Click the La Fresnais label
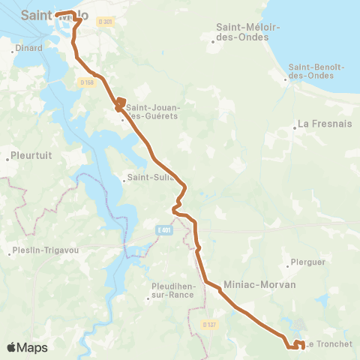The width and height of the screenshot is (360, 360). pyautogui.click(x=325, y=123)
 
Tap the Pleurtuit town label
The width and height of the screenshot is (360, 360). pyautogui.click(x=31, y=157)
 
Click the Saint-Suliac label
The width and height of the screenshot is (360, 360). pyautogui.click(x=151, y=178)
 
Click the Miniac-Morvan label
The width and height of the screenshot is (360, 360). pyautogui.click(x=259, y=285)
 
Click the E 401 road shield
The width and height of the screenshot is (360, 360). pyautogui.click(x=166, y=230)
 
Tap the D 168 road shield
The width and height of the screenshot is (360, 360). pyautogui.click(x=88, y=82)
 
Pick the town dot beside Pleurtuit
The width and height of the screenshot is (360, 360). pyautogui.click(x=7, y=157)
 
